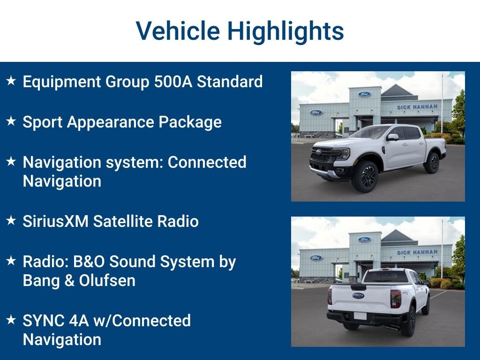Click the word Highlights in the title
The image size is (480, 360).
[x=285, y=31]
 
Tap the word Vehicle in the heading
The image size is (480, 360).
[x=178, y=31]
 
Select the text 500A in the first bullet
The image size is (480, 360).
[x=173, y=82]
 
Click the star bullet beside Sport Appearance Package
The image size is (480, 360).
[x=11, y=121]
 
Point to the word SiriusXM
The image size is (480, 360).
[x=56, y=221]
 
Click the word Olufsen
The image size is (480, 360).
[x=107, y=280]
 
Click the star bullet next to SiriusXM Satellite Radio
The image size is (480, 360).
[x=11, y=220]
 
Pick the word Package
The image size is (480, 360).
[x=190, y=122]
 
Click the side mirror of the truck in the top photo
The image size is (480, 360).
[x=392, y=137]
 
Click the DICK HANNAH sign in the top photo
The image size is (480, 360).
[x=417, y=107]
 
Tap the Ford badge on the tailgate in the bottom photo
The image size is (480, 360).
[x=358, y=296]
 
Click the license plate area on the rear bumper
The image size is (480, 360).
[x=360, y=316]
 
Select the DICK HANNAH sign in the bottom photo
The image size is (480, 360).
[x=417, y=252]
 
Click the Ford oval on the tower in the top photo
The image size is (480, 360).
[x=364, y=94]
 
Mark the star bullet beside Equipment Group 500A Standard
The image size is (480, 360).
[x=11, y=81]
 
